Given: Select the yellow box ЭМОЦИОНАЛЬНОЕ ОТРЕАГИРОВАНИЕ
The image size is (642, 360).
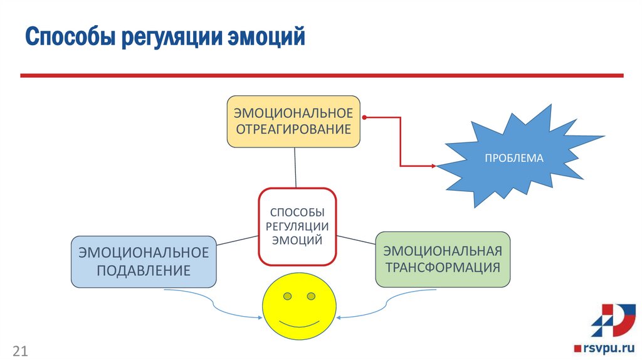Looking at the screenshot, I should click(x=293, y=122).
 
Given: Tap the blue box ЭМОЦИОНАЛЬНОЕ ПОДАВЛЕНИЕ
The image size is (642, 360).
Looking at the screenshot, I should click(x=144, y=262).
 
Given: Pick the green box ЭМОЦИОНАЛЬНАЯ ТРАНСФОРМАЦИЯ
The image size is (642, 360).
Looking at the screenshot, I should click(x=443, y=259).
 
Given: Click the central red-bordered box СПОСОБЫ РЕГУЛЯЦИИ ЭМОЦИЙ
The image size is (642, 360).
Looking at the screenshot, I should click(x=298, y=226).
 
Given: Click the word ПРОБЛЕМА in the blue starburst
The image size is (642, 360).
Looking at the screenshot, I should click(x=513, y=158).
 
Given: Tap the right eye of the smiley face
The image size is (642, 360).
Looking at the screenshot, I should click(x=311, y=295).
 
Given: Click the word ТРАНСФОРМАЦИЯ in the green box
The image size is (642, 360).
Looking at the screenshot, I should click(x=443, y=267).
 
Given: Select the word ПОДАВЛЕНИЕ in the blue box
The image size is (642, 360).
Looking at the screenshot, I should click(x=144, y=270).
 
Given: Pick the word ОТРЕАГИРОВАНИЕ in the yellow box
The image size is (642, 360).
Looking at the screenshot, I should click(x=293, y=130).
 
